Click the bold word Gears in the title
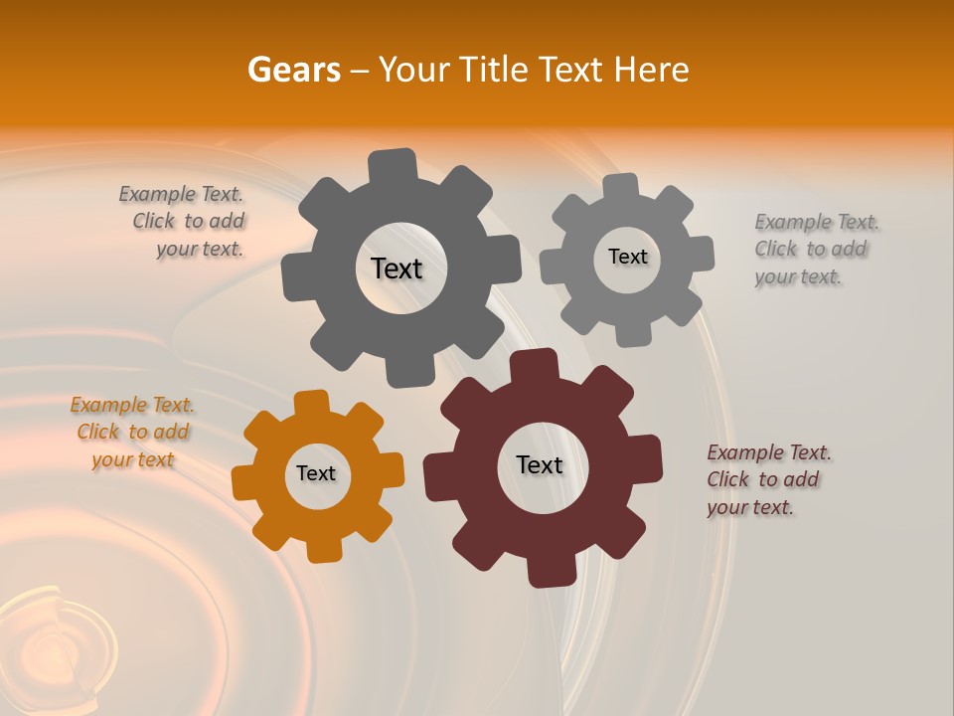293,70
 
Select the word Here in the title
652,70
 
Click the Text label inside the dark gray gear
397,268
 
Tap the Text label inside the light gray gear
627,257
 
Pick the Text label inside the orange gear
316,473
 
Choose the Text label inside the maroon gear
540,464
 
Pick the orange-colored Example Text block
132,433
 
